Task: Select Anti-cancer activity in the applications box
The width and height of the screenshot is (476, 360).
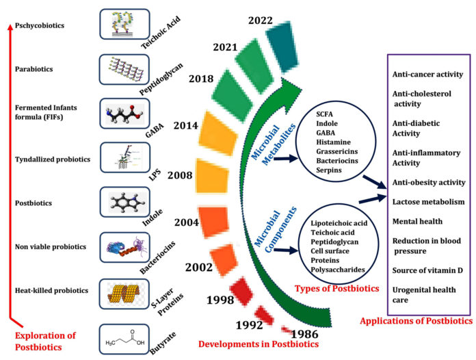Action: [x=427, y=74]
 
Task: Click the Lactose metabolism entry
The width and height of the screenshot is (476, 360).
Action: [x=428, y=203]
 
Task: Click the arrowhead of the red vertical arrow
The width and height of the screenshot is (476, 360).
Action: [x=10, y=27]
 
